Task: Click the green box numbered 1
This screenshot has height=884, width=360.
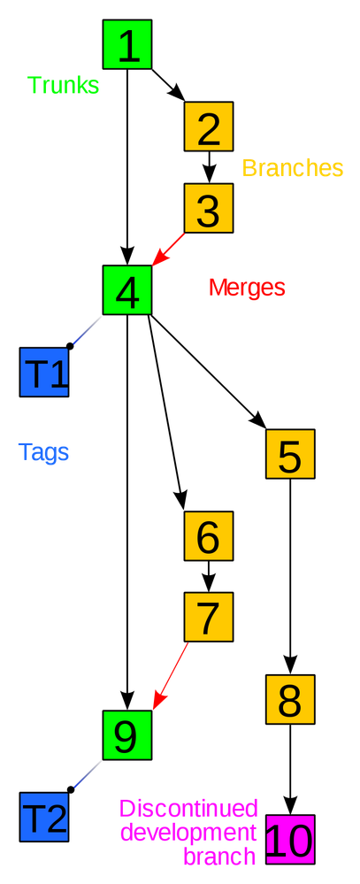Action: (127, 45)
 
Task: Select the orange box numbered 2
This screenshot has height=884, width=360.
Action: (209, 127)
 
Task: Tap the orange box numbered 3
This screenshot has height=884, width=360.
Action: (209, 210)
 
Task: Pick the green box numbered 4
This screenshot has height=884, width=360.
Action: (127, 290)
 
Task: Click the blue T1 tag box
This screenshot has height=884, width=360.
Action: (44, 373)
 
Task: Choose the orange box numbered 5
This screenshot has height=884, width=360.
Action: (290, 455)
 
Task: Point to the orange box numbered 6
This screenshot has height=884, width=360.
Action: (209, 536)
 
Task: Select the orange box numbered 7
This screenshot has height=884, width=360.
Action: (209, 618)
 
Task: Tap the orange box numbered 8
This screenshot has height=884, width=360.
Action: (290, 700)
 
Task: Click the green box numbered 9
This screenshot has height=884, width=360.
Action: (127, 734)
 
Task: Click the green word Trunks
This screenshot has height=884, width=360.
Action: (63, 86)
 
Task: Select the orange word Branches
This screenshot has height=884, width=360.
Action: (293, 168)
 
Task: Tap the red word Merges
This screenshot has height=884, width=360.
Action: (247, 288)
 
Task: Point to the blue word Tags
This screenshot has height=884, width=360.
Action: (44, 453)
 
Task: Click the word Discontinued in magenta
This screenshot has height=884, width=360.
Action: (188, 809)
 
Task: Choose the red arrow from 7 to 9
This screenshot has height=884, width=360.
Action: (171, 676)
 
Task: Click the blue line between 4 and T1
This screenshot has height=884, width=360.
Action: (85, 333)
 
